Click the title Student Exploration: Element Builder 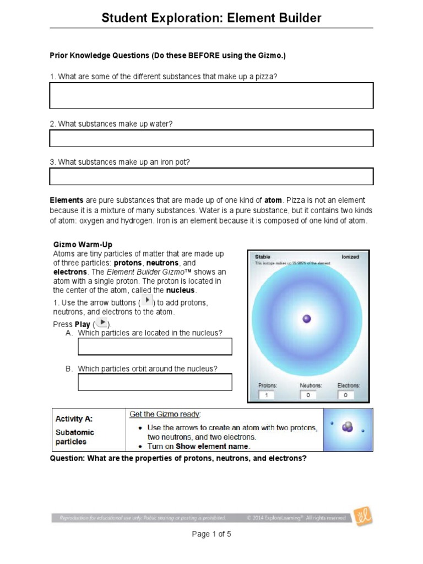pyautogui.click(x=211, y=18)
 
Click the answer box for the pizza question pyautogui.click(x=211, y=95)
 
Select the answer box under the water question pyautogui.click(x=211, y=138)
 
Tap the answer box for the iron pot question pyautogui.click(x=211, y=176)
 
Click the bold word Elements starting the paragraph pyautogui.click(x=67, y=200)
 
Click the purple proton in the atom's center pyautogui.click(x=307, y=318)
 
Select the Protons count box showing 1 pyautogui.click(x=267, y=395)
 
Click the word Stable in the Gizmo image pyautogui.click(x=263, y=257)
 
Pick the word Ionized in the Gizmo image pyautogui.click(x=350, y=257)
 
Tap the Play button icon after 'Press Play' pyautogui.click(x=101, y=323)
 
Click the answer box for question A pyautogui.click(x=155, y=346)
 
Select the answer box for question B pyautogui.click(x=155, y=382)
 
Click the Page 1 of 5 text pyautogui.click(x=211, y=534)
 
